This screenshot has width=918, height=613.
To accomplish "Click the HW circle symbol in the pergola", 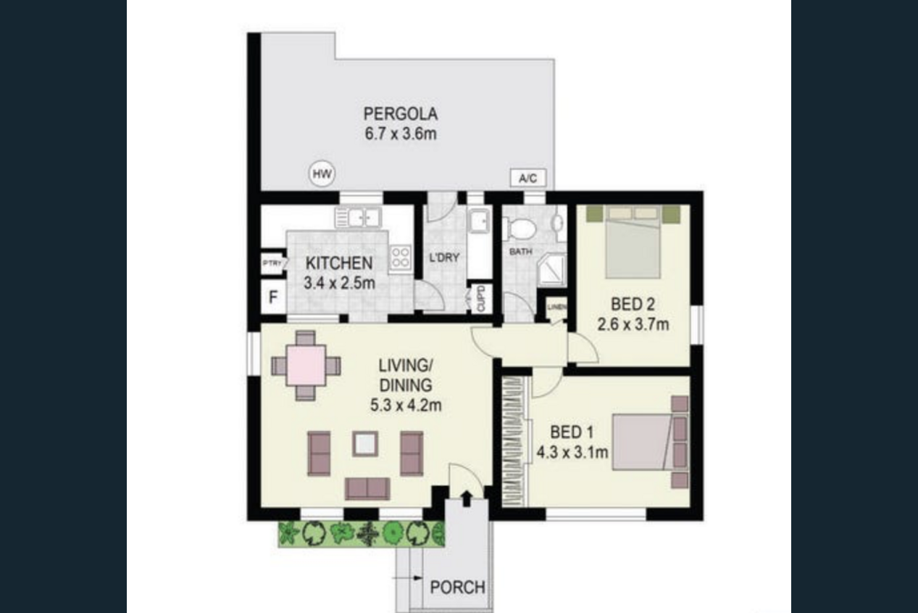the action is [x=322, y=173].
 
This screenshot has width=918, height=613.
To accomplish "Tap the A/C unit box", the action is [x=528, y=178].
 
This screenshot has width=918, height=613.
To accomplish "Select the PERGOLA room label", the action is [x=401, y=114].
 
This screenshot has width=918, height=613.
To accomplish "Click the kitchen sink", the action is [x=358, y=218].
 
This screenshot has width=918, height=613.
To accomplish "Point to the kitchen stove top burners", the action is [x=400, y=258].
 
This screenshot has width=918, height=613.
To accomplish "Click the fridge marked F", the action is [x=273, y=297].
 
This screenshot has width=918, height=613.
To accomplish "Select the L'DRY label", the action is [x=444, y=258].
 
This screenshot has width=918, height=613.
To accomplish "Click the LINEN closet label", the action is [x=557, y=306].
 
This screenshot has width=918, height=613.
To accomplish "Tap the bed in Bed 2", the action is [x=633, y=242].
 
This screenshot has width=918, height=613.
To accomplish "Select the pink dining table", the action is [x=306, y=366].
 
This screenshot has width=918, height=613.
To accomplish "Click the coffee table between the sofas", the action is [x=365, y=443].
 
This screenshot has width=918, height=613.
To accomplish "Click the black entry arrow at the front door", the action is [x=466, y=498].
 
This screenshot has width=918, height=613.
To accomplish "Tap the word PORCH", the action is [x=457, y=588].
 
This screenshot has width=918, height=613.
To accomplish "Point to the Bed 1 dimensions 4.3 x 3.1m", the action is [x=572, y=453].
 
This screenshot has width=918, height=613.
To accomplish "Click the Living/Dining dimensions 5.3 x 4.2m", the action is [x=406, y=406].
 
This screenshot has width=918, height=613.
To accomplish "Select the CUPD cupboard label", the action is [x=480, y=298].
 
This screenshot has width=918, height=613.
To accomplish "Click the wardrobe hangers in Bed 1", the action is [x=514, y=442].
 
